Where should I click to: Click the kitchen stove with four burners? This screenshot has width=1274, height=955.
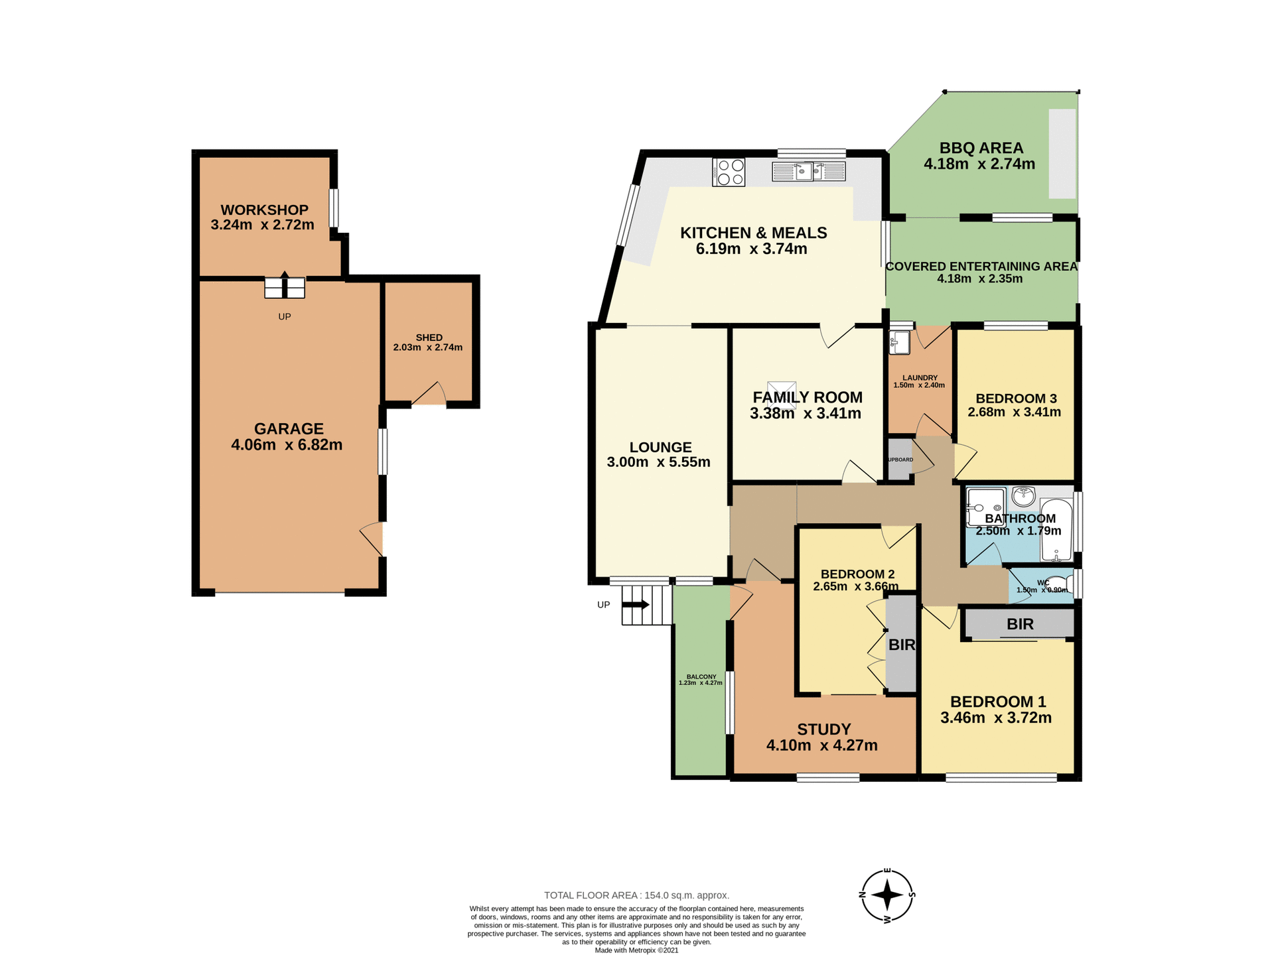(729, 172)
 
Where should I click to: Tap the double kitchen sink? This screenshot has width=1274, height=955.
(808, 172)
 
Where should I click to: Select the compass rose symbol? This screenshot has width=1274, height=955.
(887, 895)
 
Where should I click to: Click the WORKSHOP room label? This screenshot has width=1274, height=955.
(264, 210)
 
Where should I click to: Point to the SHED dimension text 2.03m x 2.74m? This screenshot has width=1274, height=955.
(428, 348)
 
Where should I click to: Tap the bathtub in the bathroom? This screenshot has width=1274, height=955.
(1056, 531)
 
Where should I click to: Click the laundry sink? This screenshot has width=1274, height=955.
(900, 343)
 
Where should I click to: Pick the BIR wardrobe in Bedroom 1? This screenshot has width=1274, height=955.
(1019, 624)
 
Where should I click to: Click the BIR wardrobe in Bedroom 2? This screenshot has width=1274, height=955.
(901, 644)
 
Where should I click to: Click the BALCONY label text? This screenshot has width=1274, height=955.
(701, 677)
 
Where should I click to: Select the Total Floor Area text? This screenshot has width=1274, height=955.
(636, 895)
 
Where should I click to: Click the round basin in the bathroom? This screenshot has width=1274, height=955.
(1024, 495)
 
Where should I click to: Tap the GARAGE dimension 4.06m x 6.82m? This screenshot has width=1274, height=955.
(287, 445)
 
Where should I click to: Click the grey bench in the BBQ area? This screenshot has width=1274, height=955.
(1062, 153)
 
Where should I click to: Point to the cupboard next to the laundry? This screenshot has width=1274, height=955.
(900, 459)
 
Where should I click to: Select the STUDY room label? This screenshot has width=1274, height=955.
(823, 730)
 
